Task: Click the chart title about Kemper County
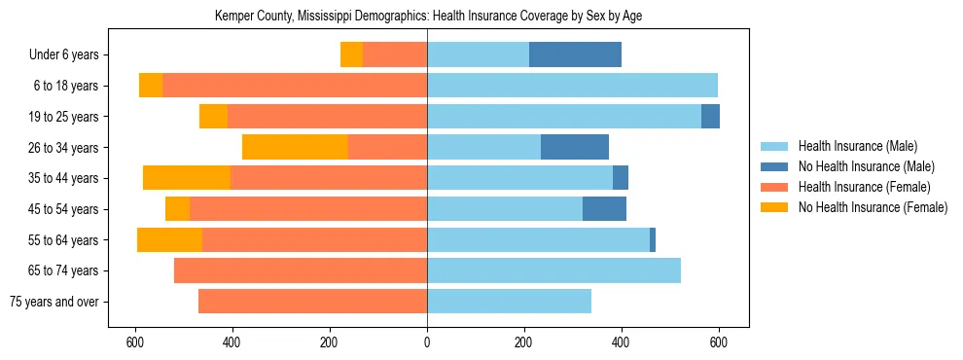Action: click(x=427, y=16)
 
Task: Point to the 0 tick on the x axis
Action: click(x=427, y=342)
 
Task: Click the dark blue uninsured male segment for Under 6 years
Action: click(x=575, y=54)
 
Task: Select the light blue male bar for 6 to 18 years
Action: click(x=572, y=86)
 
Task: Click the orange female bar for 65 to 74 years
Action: click(x=301, y=270)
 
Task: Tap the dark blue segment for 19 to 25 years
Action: click(x=710, y=117)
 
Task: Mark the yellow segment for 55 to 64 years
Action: click(x=169, y=239)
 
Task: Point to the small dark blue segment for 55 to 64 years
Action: click(x=653, y=239)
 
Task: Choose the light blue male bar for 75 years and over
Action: click(x=509, y=302)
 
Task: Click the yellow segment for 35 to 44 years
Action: click(x=187, y=178)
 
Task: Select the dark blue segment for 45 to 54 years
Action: click(x=604, y=209)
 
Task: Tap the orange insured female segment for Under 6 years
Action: click(x=395, y=54)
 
